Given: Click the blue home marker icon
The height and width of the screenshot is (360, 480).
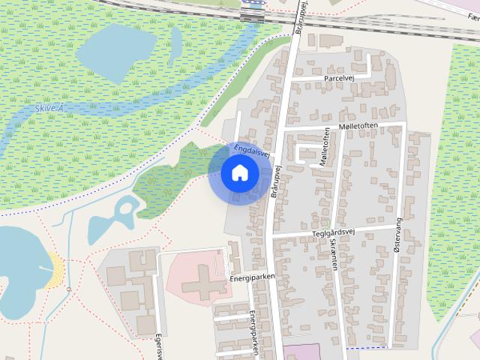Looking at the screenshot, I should (240, 173).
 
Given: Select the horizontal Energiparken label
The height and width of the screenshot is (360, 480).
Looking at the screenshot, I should (253, 277).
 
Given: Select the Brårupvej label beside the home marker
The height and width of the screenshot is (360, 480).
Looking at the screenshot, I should (274, 180).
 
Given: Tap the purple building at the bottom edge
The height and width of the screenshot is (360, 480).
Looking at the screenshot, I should (301, 352).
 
